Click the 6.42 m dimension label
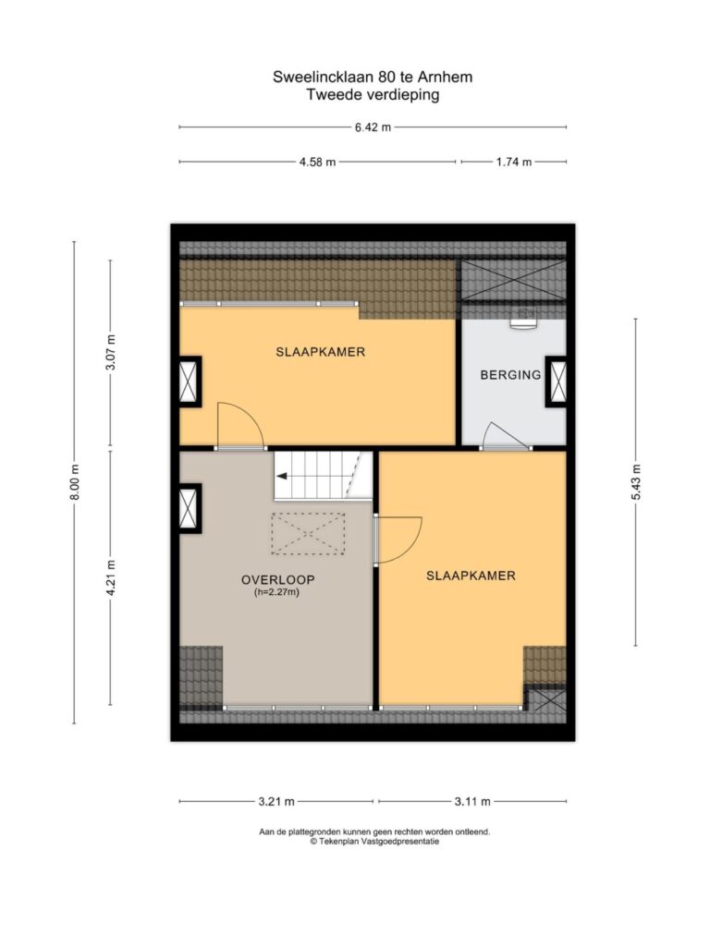(373, 127)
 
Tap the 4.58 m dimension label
(318, 162)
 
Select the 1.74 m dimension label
(514, 162)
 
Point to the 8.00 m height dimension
(74, 482)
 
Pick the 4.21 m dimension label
(110, 578)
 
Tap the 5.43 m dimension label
(635, 482)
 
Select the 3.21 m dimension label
(276, 802)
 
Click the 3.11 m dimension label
(472, 802)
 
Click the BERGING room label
(510, 375)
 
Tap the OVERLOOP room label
(277, 580)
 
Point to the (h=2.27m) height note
(276, 592)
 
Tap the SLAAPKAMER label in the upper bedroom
(321, 352)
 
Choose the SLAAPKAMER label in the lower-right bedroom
(471, 576)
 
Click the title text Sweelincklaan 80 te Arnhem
(373, 78)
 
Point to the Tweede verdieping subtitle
(373, 95)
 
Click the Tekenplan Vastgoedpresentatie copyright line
(374, 842)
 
